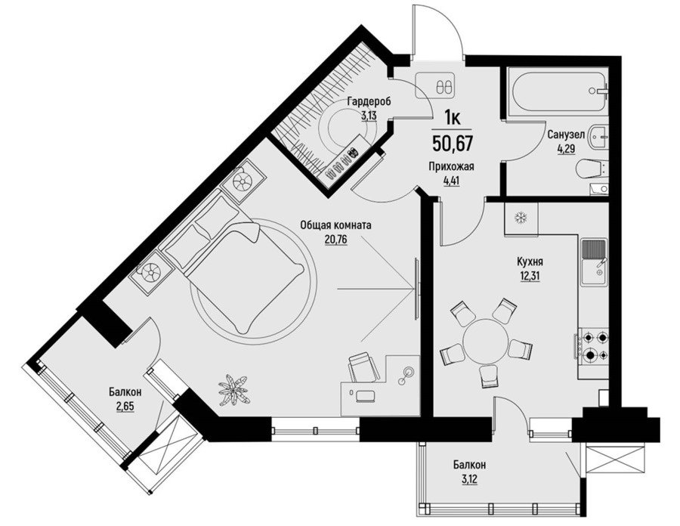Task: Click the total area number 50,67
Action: (453, 143)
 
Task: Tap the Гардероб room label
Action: (369, 102)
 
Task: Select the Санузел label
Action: (566, 135)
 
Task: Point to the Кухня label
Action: (530, 262)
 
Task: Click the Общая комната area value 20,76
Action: (336, 239)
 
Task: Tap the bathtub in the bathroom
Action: (558, 91)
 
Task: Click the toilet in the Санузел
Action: (593, 169)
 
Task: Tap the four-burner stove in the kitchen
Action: (592, 346)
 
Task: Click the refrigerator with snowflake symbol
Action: (521, 219)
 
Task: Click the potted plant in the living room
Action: (233, 389)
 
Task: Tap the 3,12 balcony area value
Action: (470, 480)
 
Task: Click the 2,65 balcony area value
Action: (125, 407)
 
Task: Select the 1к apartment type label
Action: (453, 117)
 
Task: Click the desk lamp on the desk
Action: (406, 375)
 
